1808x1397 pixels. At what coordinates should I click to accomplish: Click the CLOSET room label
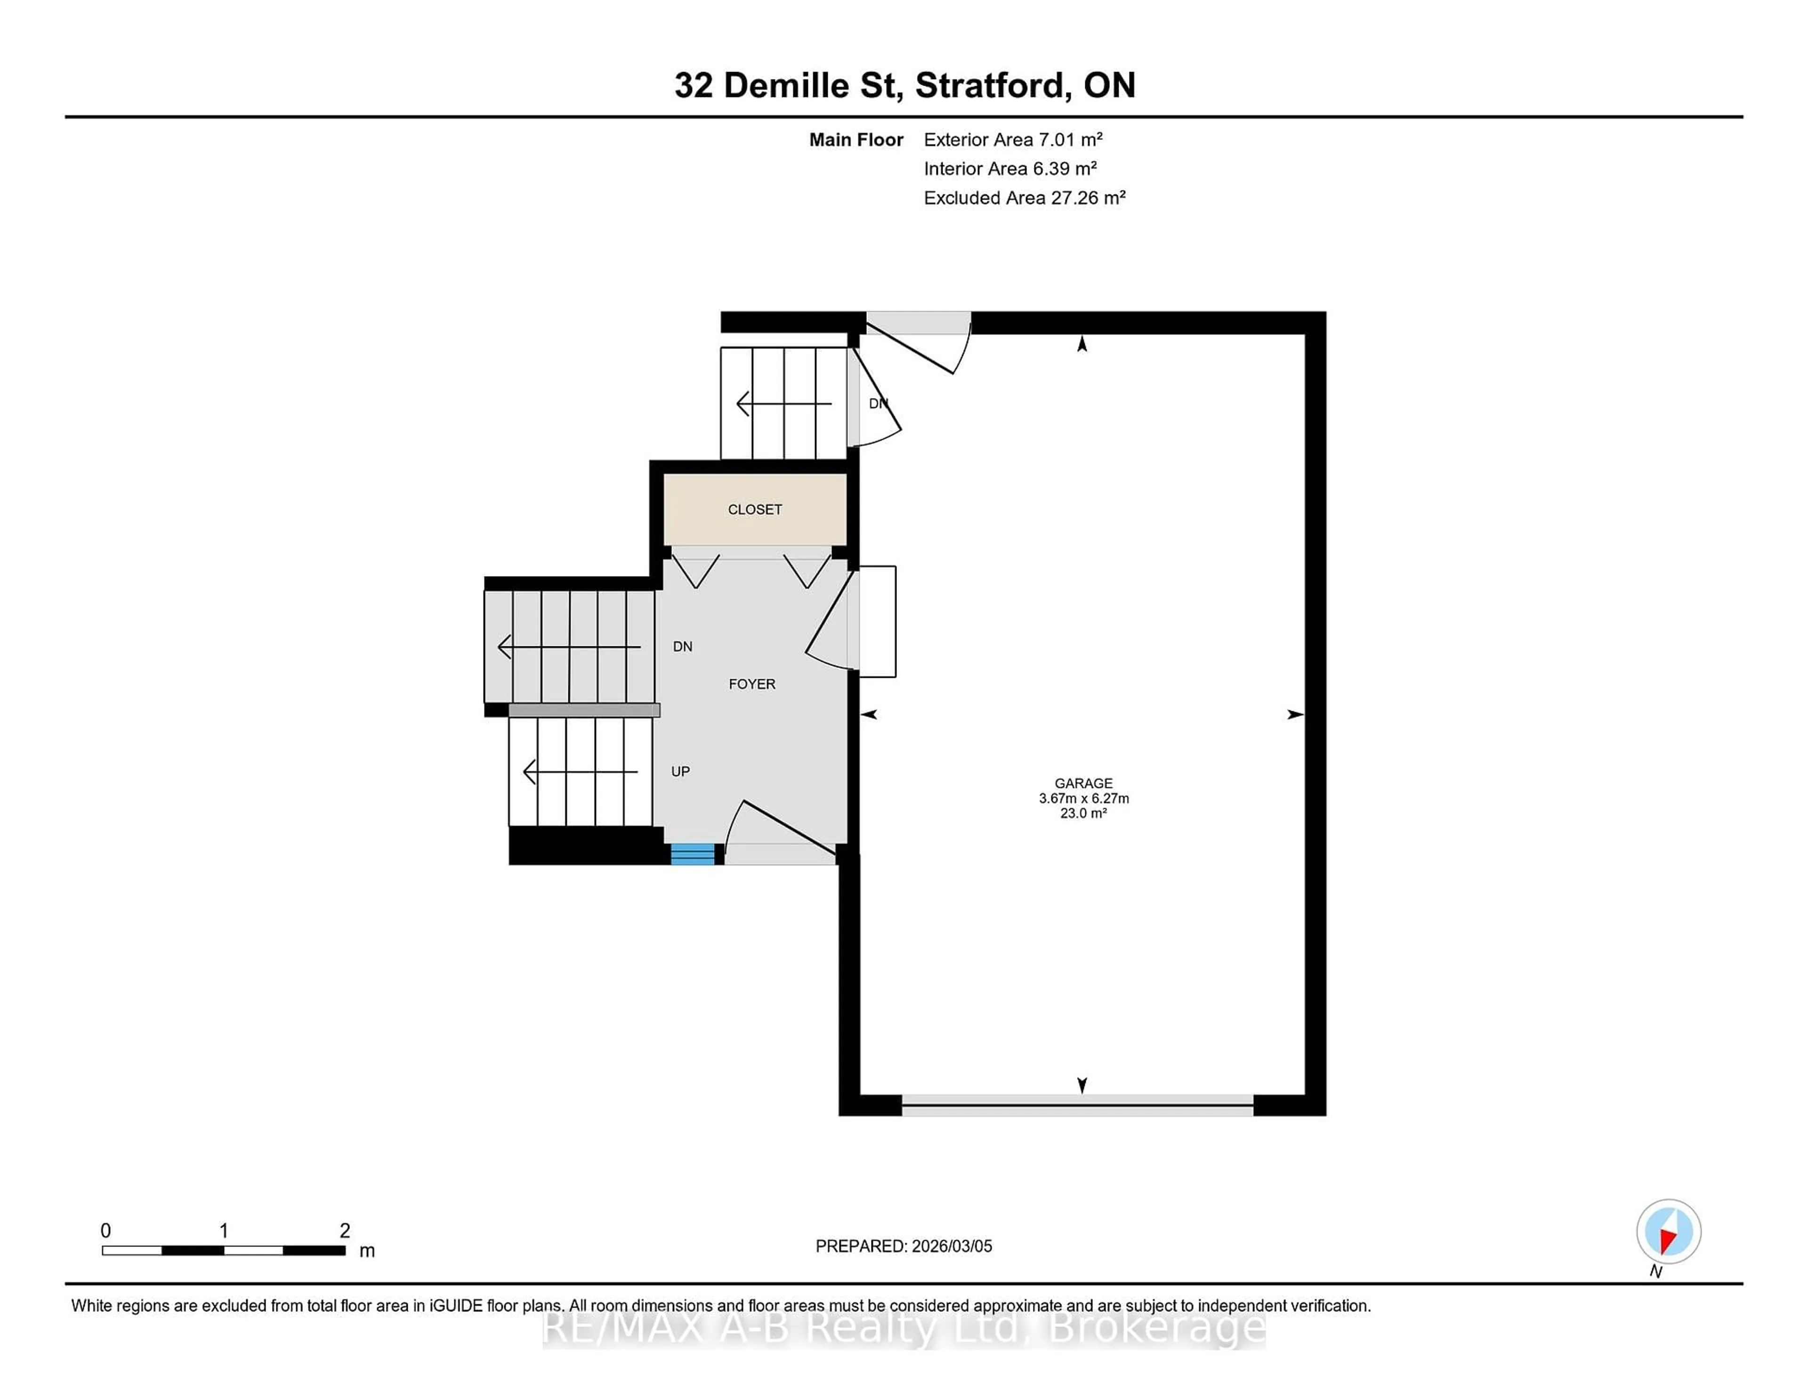(754, 509)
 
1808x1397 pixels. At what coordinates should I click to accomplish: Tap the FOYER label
(751, 683)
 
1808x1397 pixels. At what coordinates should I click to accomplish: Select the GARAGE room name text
(1083, 783)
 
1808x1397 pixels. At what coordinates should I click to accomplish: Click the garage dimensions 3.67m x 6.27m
(1083, 798)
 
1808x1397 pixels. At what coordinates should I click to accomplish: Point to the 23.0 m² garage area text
(1083, 813)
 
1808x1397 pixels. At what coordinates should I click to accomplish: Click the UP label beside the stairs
(680, 771)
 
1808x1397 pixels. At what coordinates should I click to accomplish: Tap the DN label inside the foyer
(682, 646)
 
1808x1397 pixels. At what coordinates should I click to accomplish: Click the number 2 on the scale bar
(344, 1231)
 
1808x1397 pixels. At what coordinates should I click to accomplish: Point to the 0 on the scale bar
(105, 1231)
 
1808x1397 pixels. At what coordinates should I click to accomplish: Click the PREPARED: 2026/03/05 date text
(903, 1245)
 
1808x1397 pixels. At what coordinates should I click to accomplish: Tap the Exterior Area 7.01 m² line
(1012, 139)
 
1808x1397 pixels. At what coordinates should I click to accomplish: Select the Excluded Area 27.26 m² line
(1024, 197)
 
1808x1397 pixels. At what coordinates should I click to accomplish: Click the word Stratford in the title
(990, 85)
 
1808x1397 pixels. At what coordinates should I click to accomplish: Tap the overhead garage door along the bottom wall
(1076, 1104)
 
